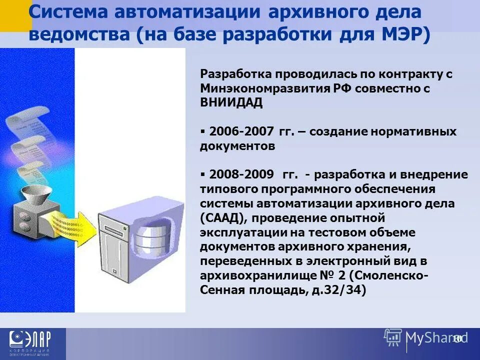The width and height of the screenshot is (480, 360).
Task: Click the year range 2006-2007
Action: click(x=241, y=131)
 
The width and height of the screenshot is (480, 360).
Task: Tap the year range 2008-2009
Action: click(x=241, y=174)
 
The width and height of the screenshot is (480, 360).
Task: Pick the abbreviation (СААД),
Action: click(x=223, y=218)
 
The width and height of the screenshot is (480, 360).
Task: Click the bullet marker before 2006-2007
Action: click(x=203, y=131)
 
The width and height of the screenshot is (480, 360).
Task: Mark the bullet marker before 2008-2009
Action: click(x=203, y=174)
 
